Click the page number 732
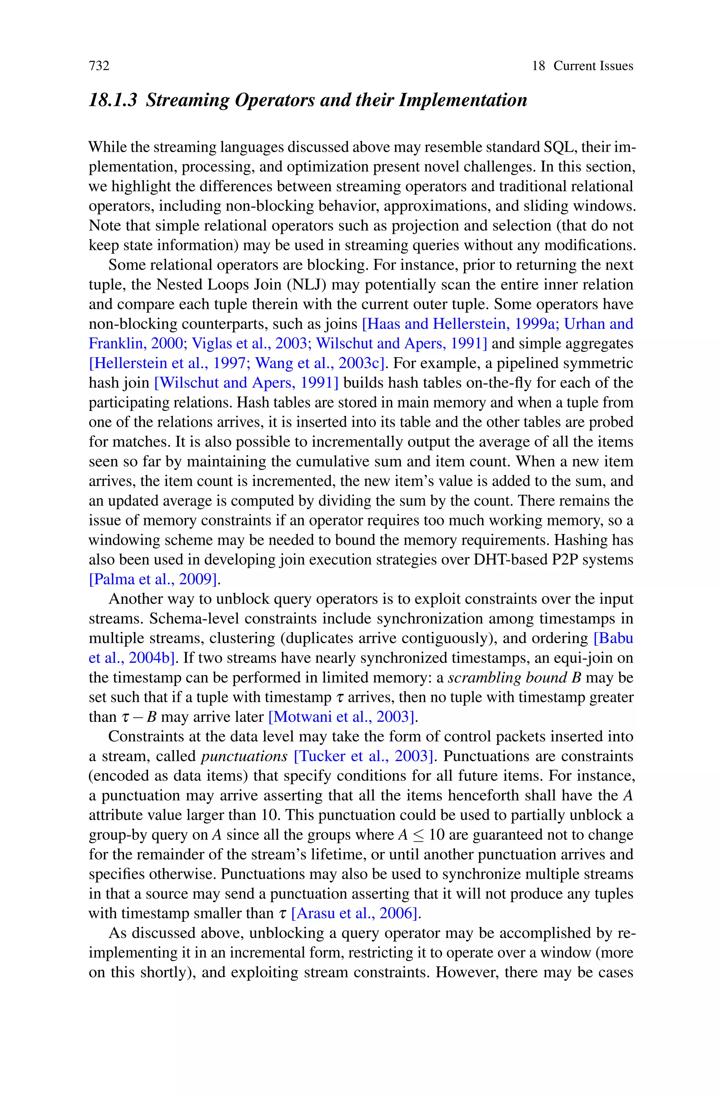(x=99, y=66)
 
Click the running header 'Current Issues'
(x=593, y=66)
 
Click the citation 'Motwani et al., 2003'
(x=343, y=717)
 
